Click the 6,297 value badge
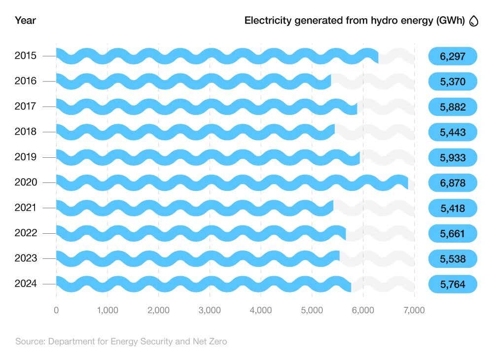[453, 56]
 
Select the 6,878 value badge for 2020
[453, 183]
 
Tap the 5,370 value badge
[453, 81]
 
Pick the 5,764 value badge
[453, 285]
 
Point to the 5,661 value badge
[453, 234]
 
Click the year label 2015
[26, 56]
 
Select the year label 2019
[26, 157]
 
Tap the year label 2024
[26, 284]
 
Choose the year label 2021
[26, 208]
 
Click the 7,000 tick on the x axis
[414, 310]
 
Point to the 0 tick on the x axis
[56, 310]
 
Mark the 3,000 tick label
[210, 310]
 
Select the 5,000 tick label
[312, 310]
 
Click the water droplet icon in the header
[474, 21]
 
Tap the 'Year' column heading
[25, 21]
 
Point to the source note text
[121, 341]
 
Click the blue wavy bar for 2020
[232, 182]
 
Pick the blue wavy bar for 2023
[197, 258]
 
